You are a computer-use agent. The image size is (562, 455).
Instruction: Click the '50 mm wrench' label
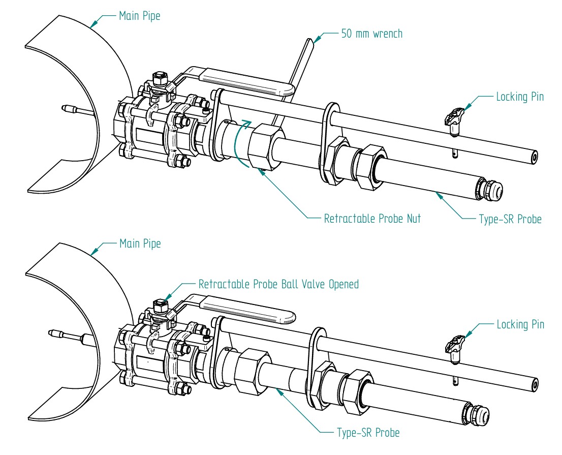tap(371, 34)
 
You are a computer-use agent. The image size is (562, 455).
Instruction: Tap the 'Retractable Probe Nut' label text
tap(372, 219)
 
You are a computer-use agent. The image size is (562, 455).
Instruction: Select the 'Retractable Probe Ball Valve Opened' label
tap(278, 284)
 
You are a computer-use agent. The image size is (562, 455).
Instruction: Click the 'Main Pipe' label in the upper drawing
tap(139, 16)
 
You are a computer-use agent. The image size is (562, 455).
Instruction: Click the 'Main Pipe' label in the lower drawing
tap(140, 244)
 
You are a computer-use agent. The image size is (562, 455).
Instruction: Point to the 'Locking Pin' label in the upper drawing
tap(520, 97)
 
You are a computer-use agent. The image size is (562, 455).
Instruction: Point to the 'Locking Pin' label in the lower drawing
tap(520, 324)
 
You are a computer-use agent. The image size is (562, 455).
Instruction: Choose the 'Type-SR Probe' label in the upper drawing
tap(510, 220)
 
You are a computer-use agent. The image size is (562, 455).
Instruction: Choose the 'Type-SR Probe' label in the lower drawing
tap(368, 433)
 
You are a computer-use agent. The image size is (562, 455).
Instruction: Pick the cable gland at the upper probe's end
tap(490, 190)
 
